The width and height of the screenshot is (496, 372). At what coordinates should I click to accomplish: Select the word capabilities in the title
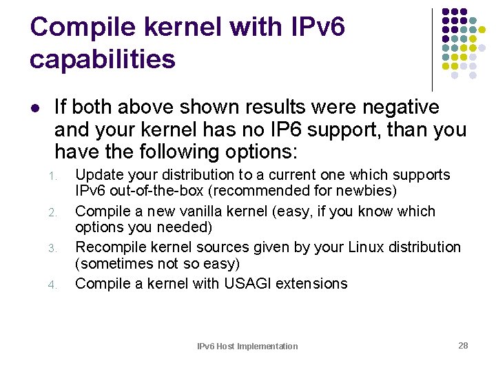(103, 59)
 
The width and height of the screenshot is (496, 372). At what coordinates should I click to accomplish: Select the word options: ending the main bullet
(258, 152)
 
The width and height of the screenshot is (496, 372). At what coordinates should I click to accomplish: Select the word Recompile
(109, 247)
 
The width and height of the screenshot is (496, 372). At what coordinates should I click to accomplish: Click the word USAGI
(250, 283)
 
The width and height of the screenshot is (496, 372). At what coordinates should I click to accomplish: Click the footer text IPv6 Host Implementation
(247, 347)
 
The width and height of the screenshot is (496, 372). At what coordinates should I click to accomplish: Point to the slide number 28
(463, 345)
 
